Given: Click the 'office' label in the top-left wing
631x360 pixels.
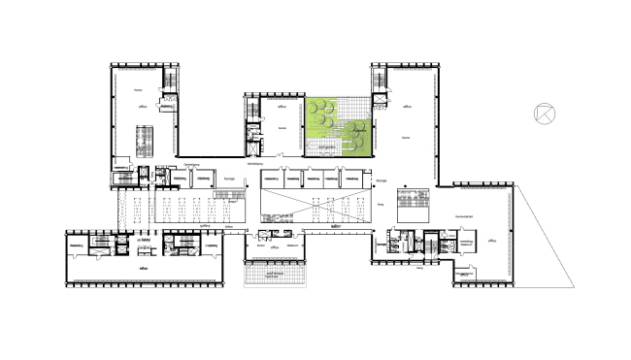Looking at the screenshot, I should click(142, 108).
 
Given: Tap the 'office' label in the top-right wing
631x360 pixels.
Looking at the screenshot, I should click(407, 108).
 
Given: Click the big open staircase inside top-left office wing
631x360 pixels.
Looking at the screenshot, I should click(144, 144).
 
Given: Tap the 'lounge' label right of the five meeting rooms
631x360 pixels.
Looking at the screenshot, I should click(382, 180).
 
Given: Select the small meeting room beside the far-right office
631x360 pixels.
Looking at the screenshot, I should click(466, 243).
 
